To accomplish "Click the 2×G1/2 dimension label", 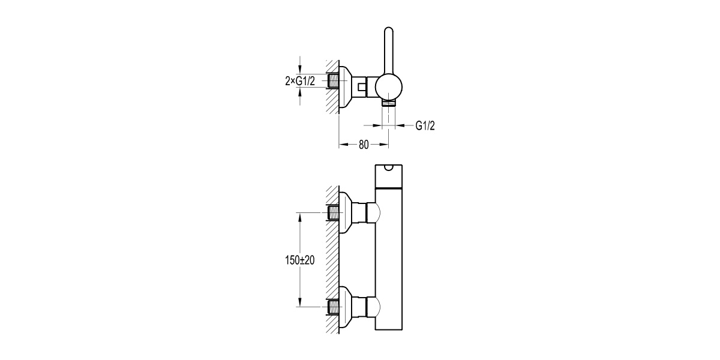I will pos(301,81).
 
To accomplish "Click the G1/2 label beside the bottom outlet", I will pos(425,125).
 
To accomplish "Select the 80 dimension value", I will pos(364,145).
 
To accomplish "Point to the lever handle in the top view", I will pos(388,51).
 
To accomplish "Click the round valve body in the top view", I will pos(389,87).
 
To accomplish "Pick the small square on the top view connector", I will pos(361,87).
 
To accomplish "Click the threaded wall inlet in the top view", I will pos(333,81).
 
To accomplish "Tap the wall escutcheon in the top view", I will pos(344,87).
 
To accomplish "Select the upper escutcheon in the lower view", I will pos(344,212).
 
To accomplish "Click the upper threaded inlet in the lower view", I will pos(333,212).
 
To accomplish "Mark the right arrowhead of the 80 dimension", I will pos(386,145).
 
